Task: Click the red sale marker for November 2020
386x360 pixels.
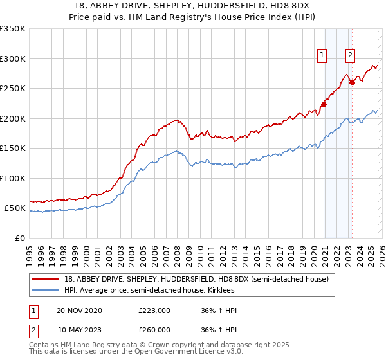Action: click(x=324, y=105)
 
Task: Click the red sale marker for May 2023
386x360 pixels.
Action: click(x=352, y=82)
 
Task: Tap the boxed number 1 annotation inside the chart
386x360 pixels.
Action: click(x=321, y=56)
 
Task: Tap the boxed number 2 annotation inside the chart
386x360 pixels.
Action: click(x=350, y=56)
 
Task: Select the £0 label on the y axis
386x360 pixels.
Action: click(x=19, y=238)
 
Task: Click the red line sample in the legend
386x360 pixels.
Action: click(x=46, y=279)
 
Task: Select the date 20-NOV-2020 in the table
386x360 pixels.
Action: click(x=80, y=310)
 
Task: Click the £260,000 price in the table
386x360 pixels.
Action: click(x=154, y=330)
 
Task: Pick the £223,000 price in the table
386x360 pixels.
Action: click(x=154, y=310)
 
